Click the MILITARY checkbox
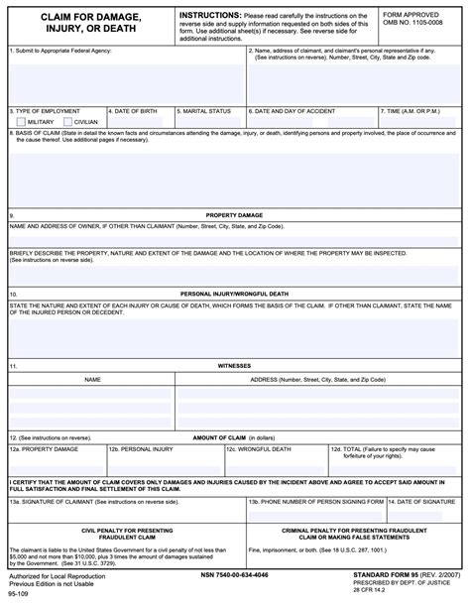[x=21, y=122]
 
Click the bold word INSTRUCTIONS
[x=210, y=16]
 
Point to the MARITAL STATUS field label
[x=206, y=111]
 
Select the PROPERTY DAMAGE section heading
[x=234, y=215]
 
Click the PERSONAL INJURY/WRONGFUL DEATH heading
[x=234, y=295]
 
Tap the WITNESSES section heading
[x=234, y=366]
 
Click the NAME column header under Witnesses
[x=92, y=380]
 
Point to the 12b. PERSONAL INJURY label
[x=141, y=449]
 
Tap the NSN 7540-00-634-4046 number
[x=234, y=575]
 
